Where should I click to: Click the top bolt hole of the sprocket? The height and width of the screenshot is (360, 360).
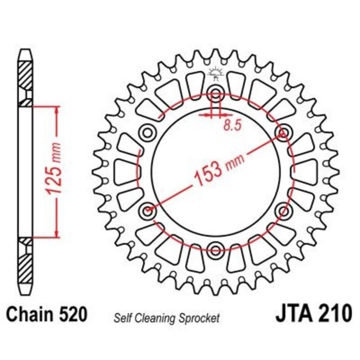click(x=216, y=94)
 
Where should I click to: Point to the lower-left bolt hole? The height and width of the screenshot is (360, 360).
click(x=147, y=210)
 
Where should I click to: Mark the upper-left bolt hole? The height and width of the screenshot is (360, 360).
click(x=147, y=132)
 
